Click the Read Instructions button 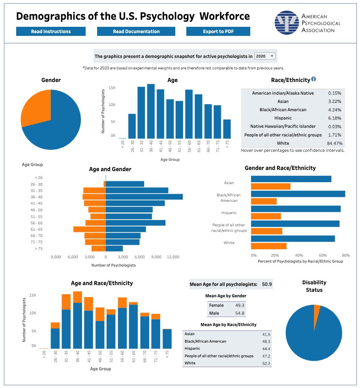pyautogui.click(x=51, y=32)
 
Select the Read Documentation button pyautogui.click(x=136, y=32)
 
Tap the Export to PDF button pyautogui.click(x=218, y=32)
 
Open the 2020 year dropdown pyautogui.click(x=265, y=56)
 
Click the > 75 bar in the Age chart pyautogui.click(x=227, y=129)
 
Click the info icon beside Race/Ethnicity pyautogui.click(x=314, y=79)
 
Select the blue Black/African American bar pyautogui.click(x=298, y=194)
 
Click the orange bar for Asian pyautogui.click(x=271, y=187)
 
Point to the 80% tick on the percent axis pyautogui.click(x=346, y=255)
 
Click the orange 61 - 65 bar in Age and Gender pyautogui.click(x=90, y=229)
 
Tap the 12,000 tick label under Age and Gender pyautogui.click(x=173, y=257)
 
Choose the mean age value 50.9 pyautogui.click(x=267, y=284)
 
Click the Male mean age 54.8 pyautogui.click(x=240, y=313)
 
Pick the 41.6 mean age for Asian pyautogui.click(x=266, y=334)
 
